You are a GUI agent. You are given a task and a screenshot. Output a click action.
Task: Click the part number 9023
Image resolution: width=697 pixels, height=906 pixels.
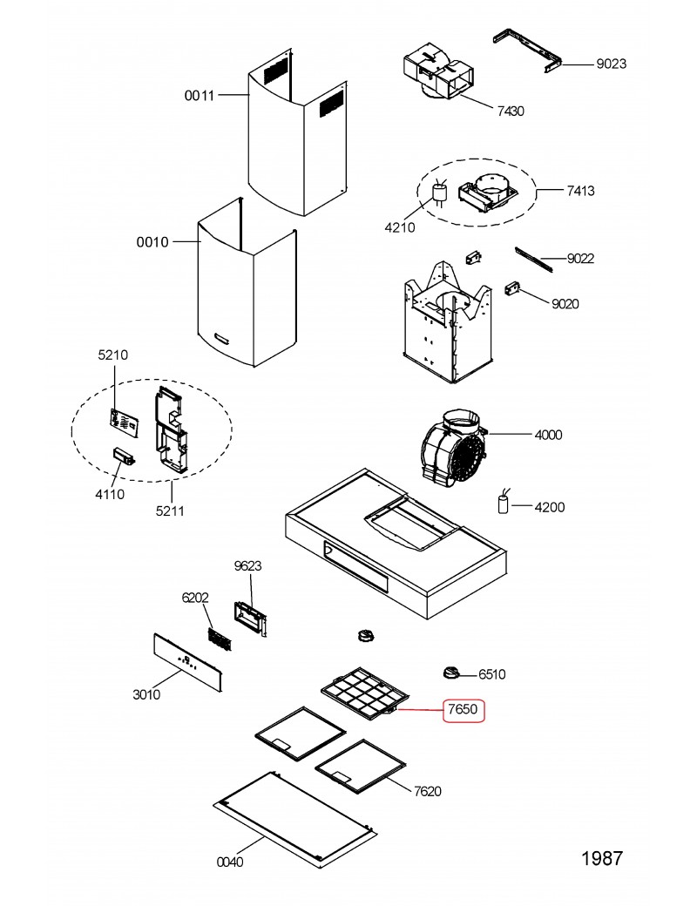(611, 64)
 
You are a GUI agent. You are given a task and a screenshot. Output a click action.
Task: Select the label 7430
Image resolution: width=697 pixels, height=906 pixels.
(511, 111)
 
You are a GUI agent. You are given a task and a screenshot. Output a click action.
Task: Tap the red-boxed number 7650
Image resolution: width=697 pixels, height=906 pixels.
(463, 709)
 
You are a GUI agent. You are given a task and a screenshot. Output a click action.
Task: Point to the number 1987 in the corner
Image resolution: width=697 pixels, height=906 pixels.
(602, 859)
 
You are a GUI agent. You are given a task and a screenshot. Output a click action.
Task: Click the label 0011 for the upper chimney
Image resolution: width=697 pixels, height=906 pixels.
(200, 95)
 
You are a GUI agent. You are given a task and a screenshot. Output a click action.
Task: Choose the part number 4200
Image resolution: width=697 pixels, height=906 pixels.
(549, 507)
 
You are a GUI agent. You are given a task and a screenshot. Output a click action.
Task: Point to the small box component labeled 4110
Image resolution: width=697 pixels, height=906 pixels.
(124, 456)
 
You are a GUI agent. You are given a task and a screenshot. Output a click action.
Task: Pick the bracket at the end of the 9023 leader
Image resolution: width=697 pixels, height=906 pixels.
(527, 52)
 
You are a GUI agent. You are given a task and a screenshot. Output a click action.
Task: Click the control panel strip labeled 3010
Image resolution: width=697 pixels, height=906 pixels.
(188, 661)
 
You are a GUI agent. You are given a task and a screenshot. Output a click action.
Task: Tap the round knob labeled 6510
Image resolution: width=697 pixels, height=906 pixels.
(452, 672)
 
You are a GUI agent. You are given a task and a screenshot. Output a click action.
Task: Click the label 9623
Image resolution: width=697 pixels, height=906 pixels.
(248, 566)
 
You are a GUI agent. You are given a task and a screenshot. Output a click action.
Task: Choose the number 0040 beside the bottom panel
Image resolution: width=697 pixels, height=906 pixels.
(229, 862)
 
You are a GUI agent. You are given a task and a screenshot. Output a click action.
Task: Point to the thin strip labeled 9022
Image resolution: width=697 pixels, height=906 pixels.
(533, 260)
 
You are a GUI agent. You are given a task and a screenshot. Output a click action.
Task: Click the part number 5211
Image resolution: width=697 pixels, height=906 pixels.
(170, 510)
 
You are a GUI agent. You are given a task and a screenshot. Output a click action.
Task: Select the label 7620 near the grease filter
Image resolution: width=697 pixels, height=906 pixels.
(428, 791)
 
